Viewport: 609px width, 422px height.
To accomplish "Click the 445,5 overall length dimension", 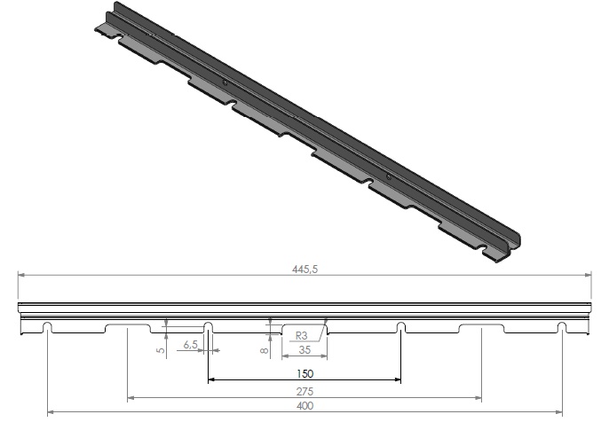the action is (x=304, y=269).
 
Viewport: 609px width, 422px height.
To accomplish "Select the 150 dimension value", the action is (x=304, y=374).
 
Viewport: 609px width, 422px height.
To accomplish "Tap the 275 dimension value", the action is (x=304, y=392).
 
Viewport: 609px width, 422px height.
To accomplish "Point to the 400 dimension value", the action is (x=304, y=406).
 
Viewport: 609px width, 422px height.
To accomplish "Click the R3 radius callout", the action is (x=302, y=335).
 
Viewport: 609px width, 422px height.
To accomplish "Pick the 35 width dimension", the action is (x=304, y=350).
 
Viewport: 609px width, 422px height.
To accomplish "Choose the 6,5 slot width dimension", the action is (x=190, y=344).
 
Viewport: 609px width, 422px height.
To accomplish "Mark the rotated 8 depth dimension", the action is (x=265, y=350).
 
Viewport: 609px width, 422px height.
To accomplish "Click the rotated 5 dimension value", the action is (x=161, y=350).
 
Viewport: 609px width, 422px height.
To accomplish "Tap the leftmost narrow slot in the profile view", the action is (x=47, y=327).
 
